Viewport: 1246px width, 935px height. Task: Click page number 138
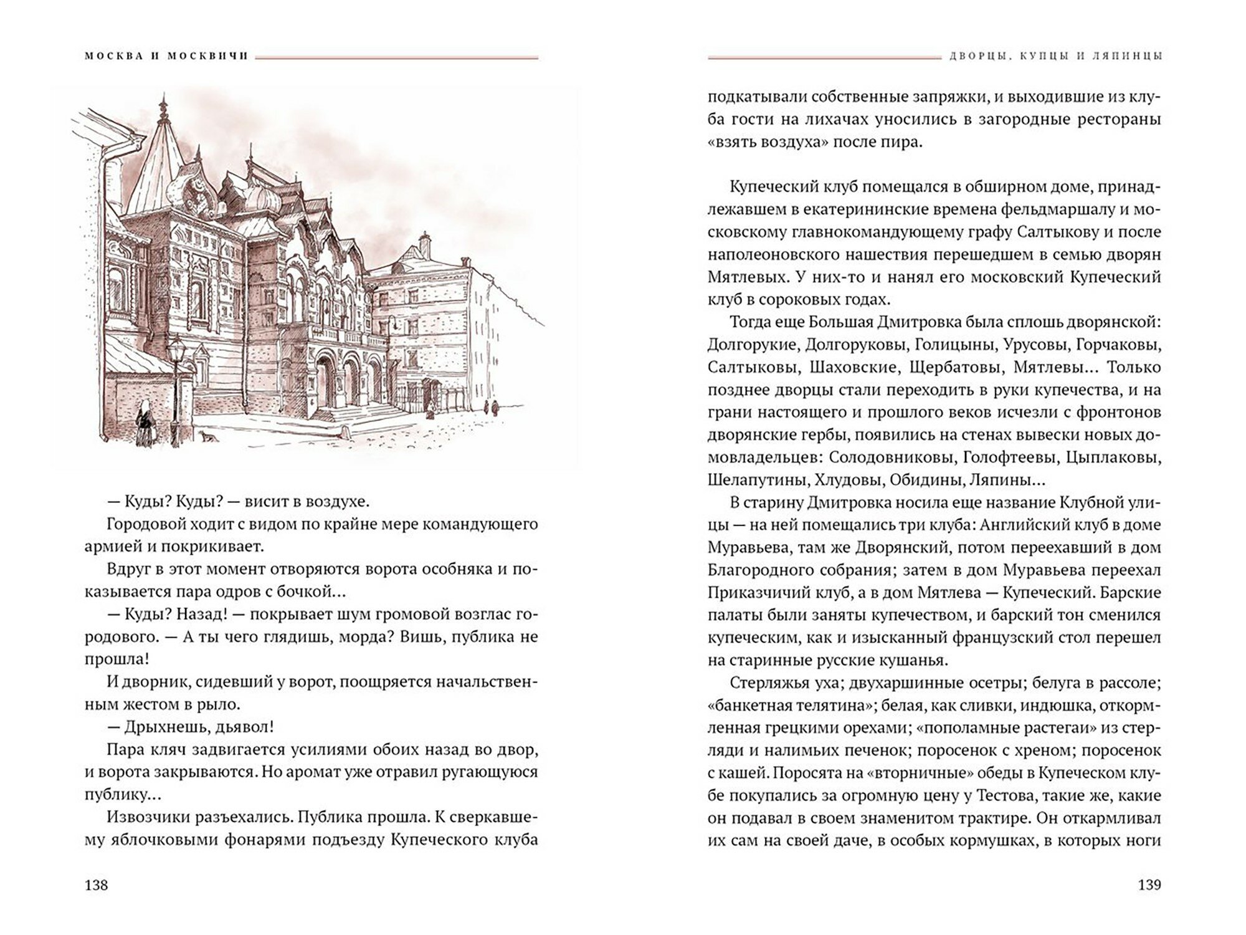pyautogui.click(x=96, y=885)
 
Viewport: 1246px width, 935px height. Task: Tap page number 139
pyautogui.click(x=1149, y=885)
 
